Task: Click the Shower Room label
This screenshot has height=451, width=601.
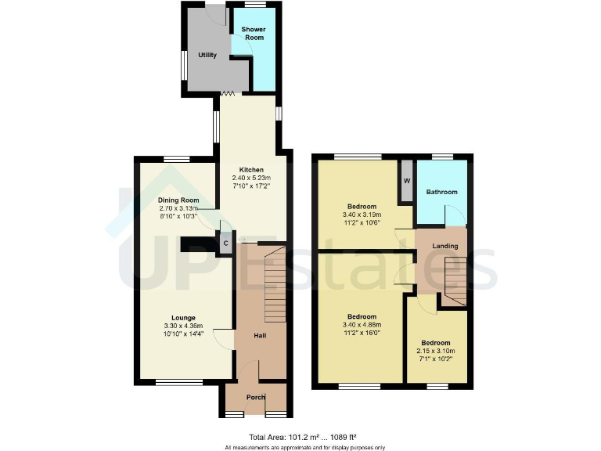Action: point(252,34)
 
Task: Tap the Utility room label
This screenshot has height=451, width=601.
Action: point(207,56)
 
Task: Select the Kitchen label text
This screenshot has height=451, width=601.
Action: point(251,170)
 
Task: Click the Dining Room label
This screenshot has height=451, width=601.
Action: point(178,200)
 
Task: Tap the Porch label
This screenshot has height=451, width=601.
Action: point(256,397)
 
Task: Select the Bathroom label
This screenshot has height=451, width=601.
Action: point(441,192)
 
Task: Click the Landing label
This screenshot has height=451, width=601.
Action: point(444,247)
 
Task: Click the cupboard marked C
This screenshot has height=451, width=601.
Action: point(225,244)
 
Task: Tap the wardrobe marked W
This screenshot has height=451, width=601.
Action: point(406,181)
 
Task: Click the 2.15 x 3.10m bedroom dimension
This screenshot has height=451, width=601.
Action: point(435,352)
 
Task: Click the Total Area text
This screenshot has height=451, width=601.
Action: point(303,436)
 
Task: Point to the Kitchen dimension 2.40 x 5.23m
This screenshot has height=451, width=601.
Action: point(251,179)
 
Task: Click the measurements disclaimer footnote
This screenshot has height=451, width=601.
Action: point(303,447)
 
